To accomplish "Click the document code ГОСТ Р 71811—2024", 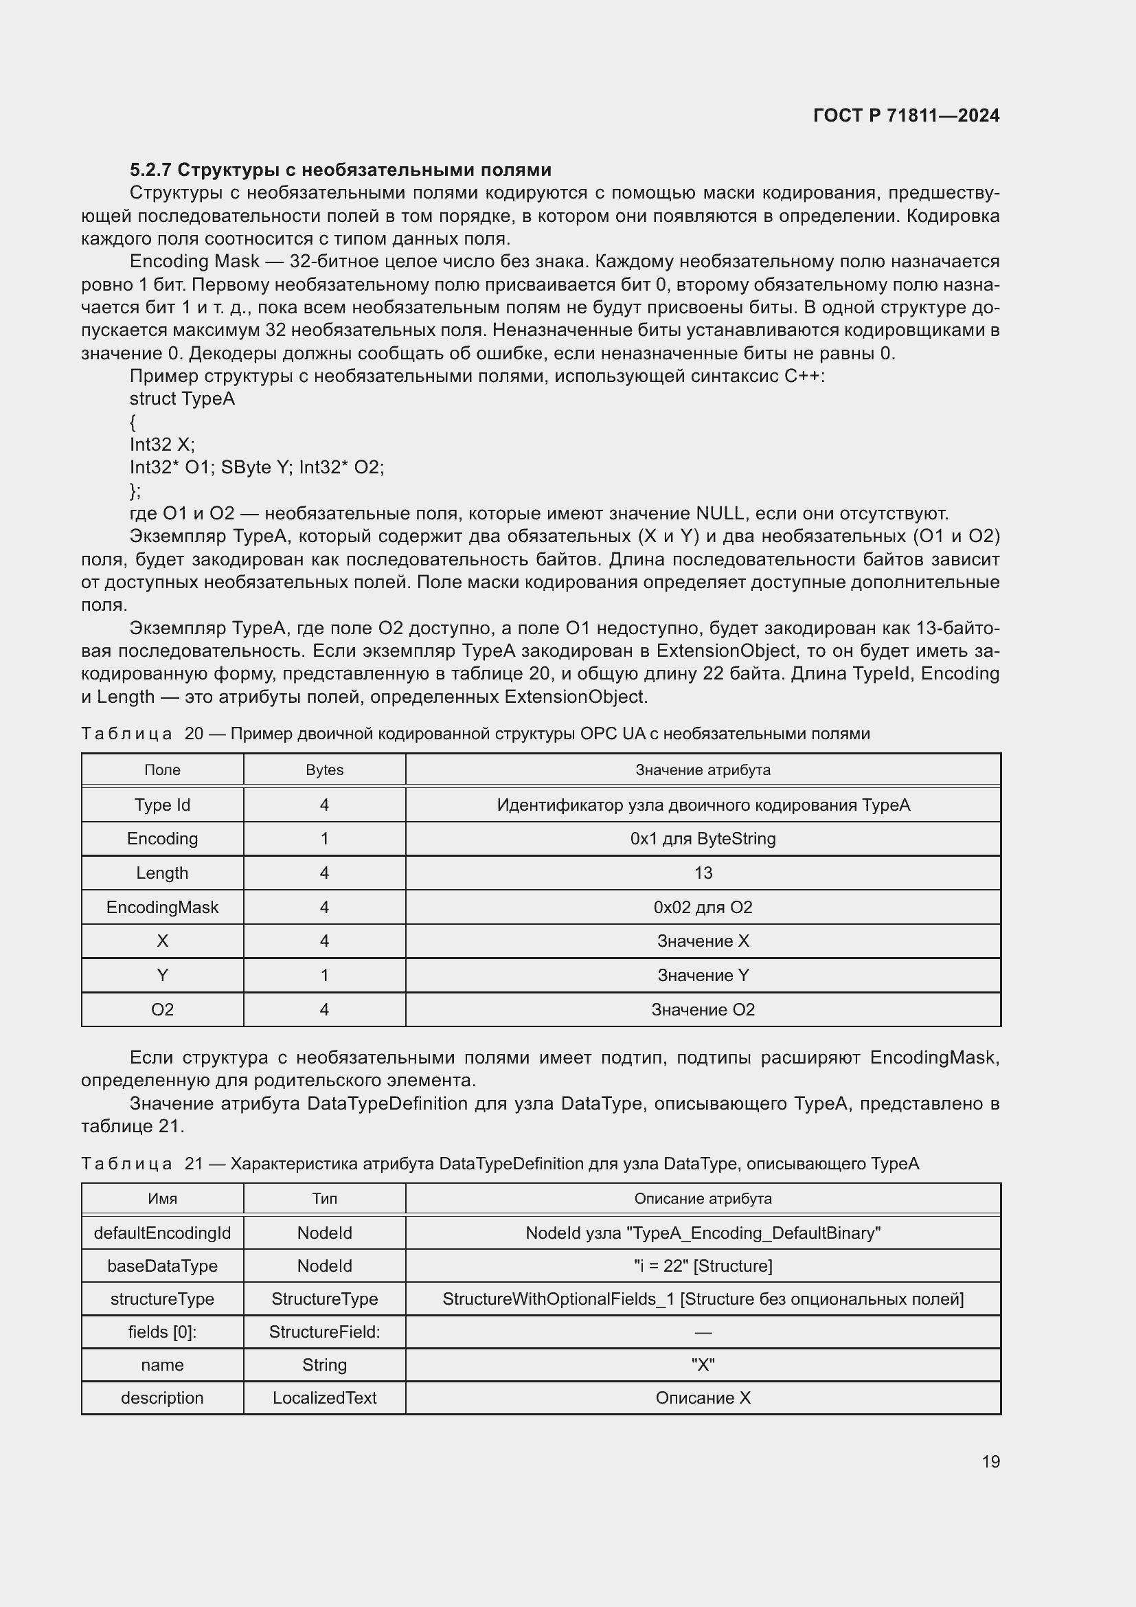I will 906,115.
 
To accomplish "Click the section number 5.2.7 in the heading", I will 150,170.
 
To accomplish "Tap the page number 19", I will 990,1461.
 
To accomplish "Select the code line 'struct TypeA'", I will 182,399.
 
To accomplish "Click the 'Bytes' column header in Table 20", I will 325,770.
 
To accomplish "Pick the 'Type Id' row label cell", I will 162,805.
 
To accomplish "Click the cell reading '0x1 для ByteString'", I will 703,838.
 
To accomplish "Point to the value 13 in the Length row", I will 703,873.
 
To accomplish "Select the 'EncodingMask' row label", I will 162,907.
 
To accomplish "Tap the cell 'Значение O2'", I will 703,1009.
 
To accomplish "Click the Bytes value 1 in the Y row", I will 325,975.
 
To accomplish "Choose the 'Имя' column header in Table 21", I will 162,1198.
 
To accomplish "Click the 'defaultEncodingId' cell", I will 162,1233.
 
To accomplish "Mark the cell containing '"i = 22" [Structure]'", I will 703,1266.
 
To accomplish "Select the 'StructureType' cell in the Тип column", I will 325,1299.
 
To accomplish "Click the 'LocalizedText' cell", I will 325,1397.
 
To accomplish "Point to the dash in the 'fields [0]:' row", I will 703,1332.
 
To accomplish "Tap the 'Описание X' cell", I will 703,1397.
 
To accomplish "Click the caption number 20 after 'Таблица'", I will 194,734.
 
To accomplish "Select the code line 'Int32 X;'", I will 162,445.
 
